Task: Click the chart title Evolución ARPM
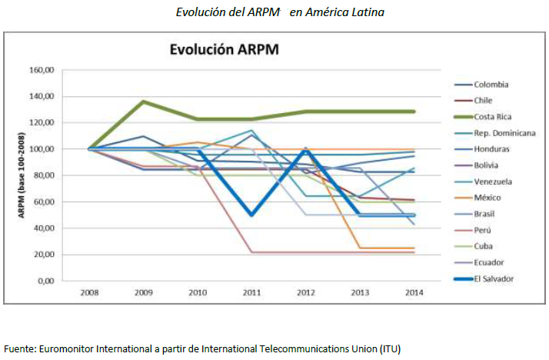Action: (x=224, y=50)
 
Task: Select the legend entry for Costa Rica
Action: (x=494, y=116)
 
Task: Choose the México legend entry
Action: (x=490, y=198)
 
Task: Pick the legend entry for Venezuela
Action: (x=496, y=182)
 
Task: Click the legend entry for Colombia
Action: (x=493, y=84)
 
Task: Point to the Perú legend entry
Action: (x=486, y=230)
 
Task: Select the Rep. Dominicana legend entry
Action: (x=504, y=133)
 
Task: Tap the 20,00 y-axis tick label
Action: (x=43, y=255)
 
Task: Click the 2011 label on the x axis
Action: (x=251, y=293)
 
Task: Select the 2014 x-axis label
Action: (x=414, y=293)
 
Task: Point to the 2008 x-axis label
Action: (x=88, y=293)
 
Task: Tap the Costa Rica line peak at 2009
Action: (x=143, y=102)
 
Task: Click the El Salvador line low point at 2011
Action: (x=251, y=215)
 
